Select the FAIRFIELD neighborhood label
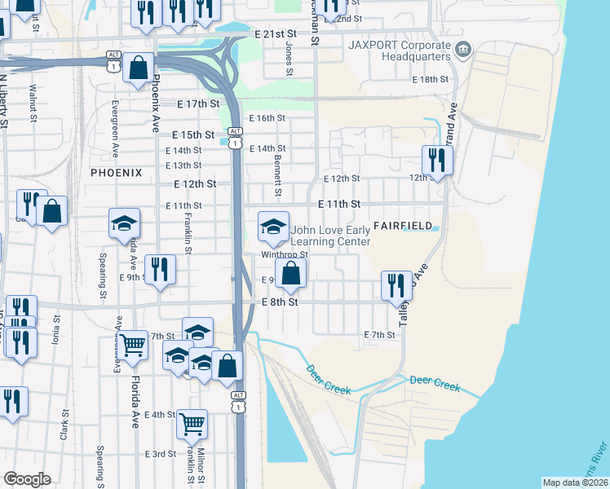point(400,224)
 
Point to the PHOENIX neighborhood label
point(116,173)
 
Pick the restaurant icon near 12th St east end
point(437,160)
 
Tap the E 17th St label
point(197,104)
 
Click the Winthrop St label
point(284,254)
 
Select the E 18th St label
point(431,80)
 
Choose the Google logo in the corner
point(27,478)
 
